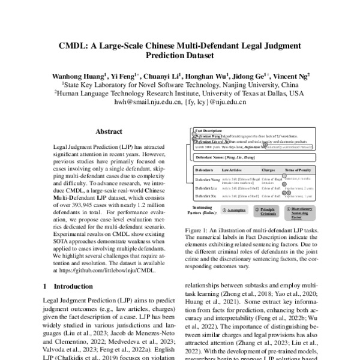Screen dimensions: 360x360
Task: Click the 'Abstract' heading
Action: (x=109, y=131)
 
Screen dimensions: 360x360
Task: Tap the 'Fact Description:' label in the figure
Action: (x=208, y=131)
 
